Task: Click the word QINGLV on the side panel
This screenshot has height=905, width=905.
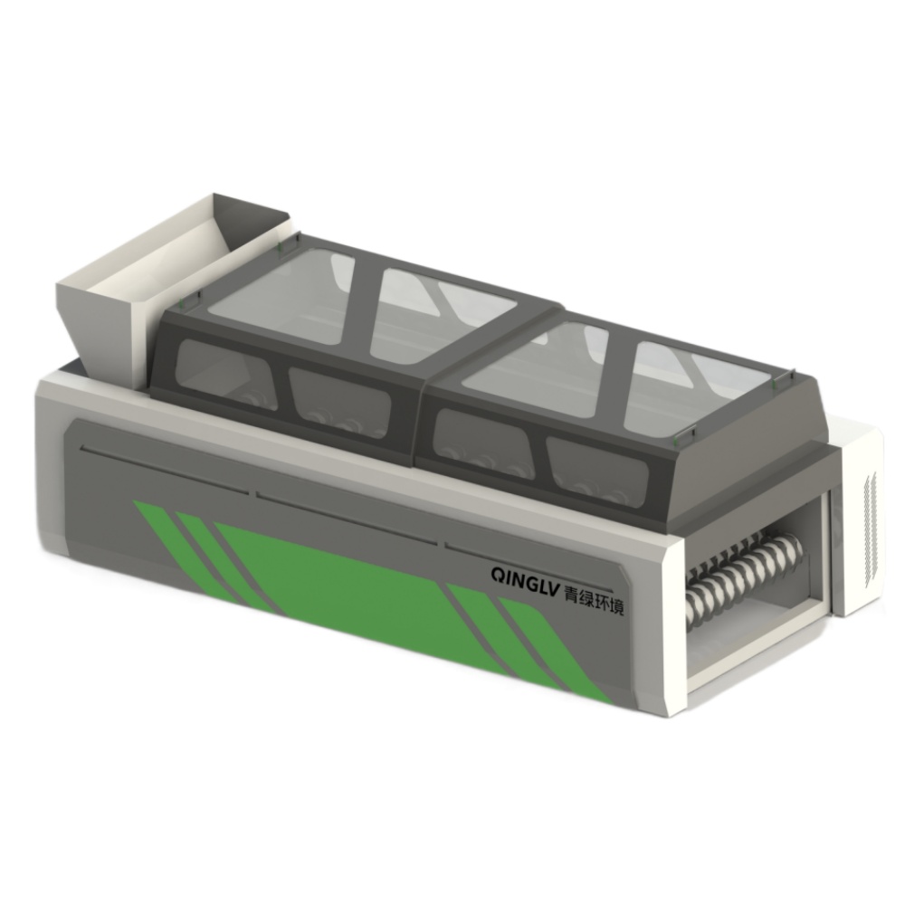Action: coord(525,577)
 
